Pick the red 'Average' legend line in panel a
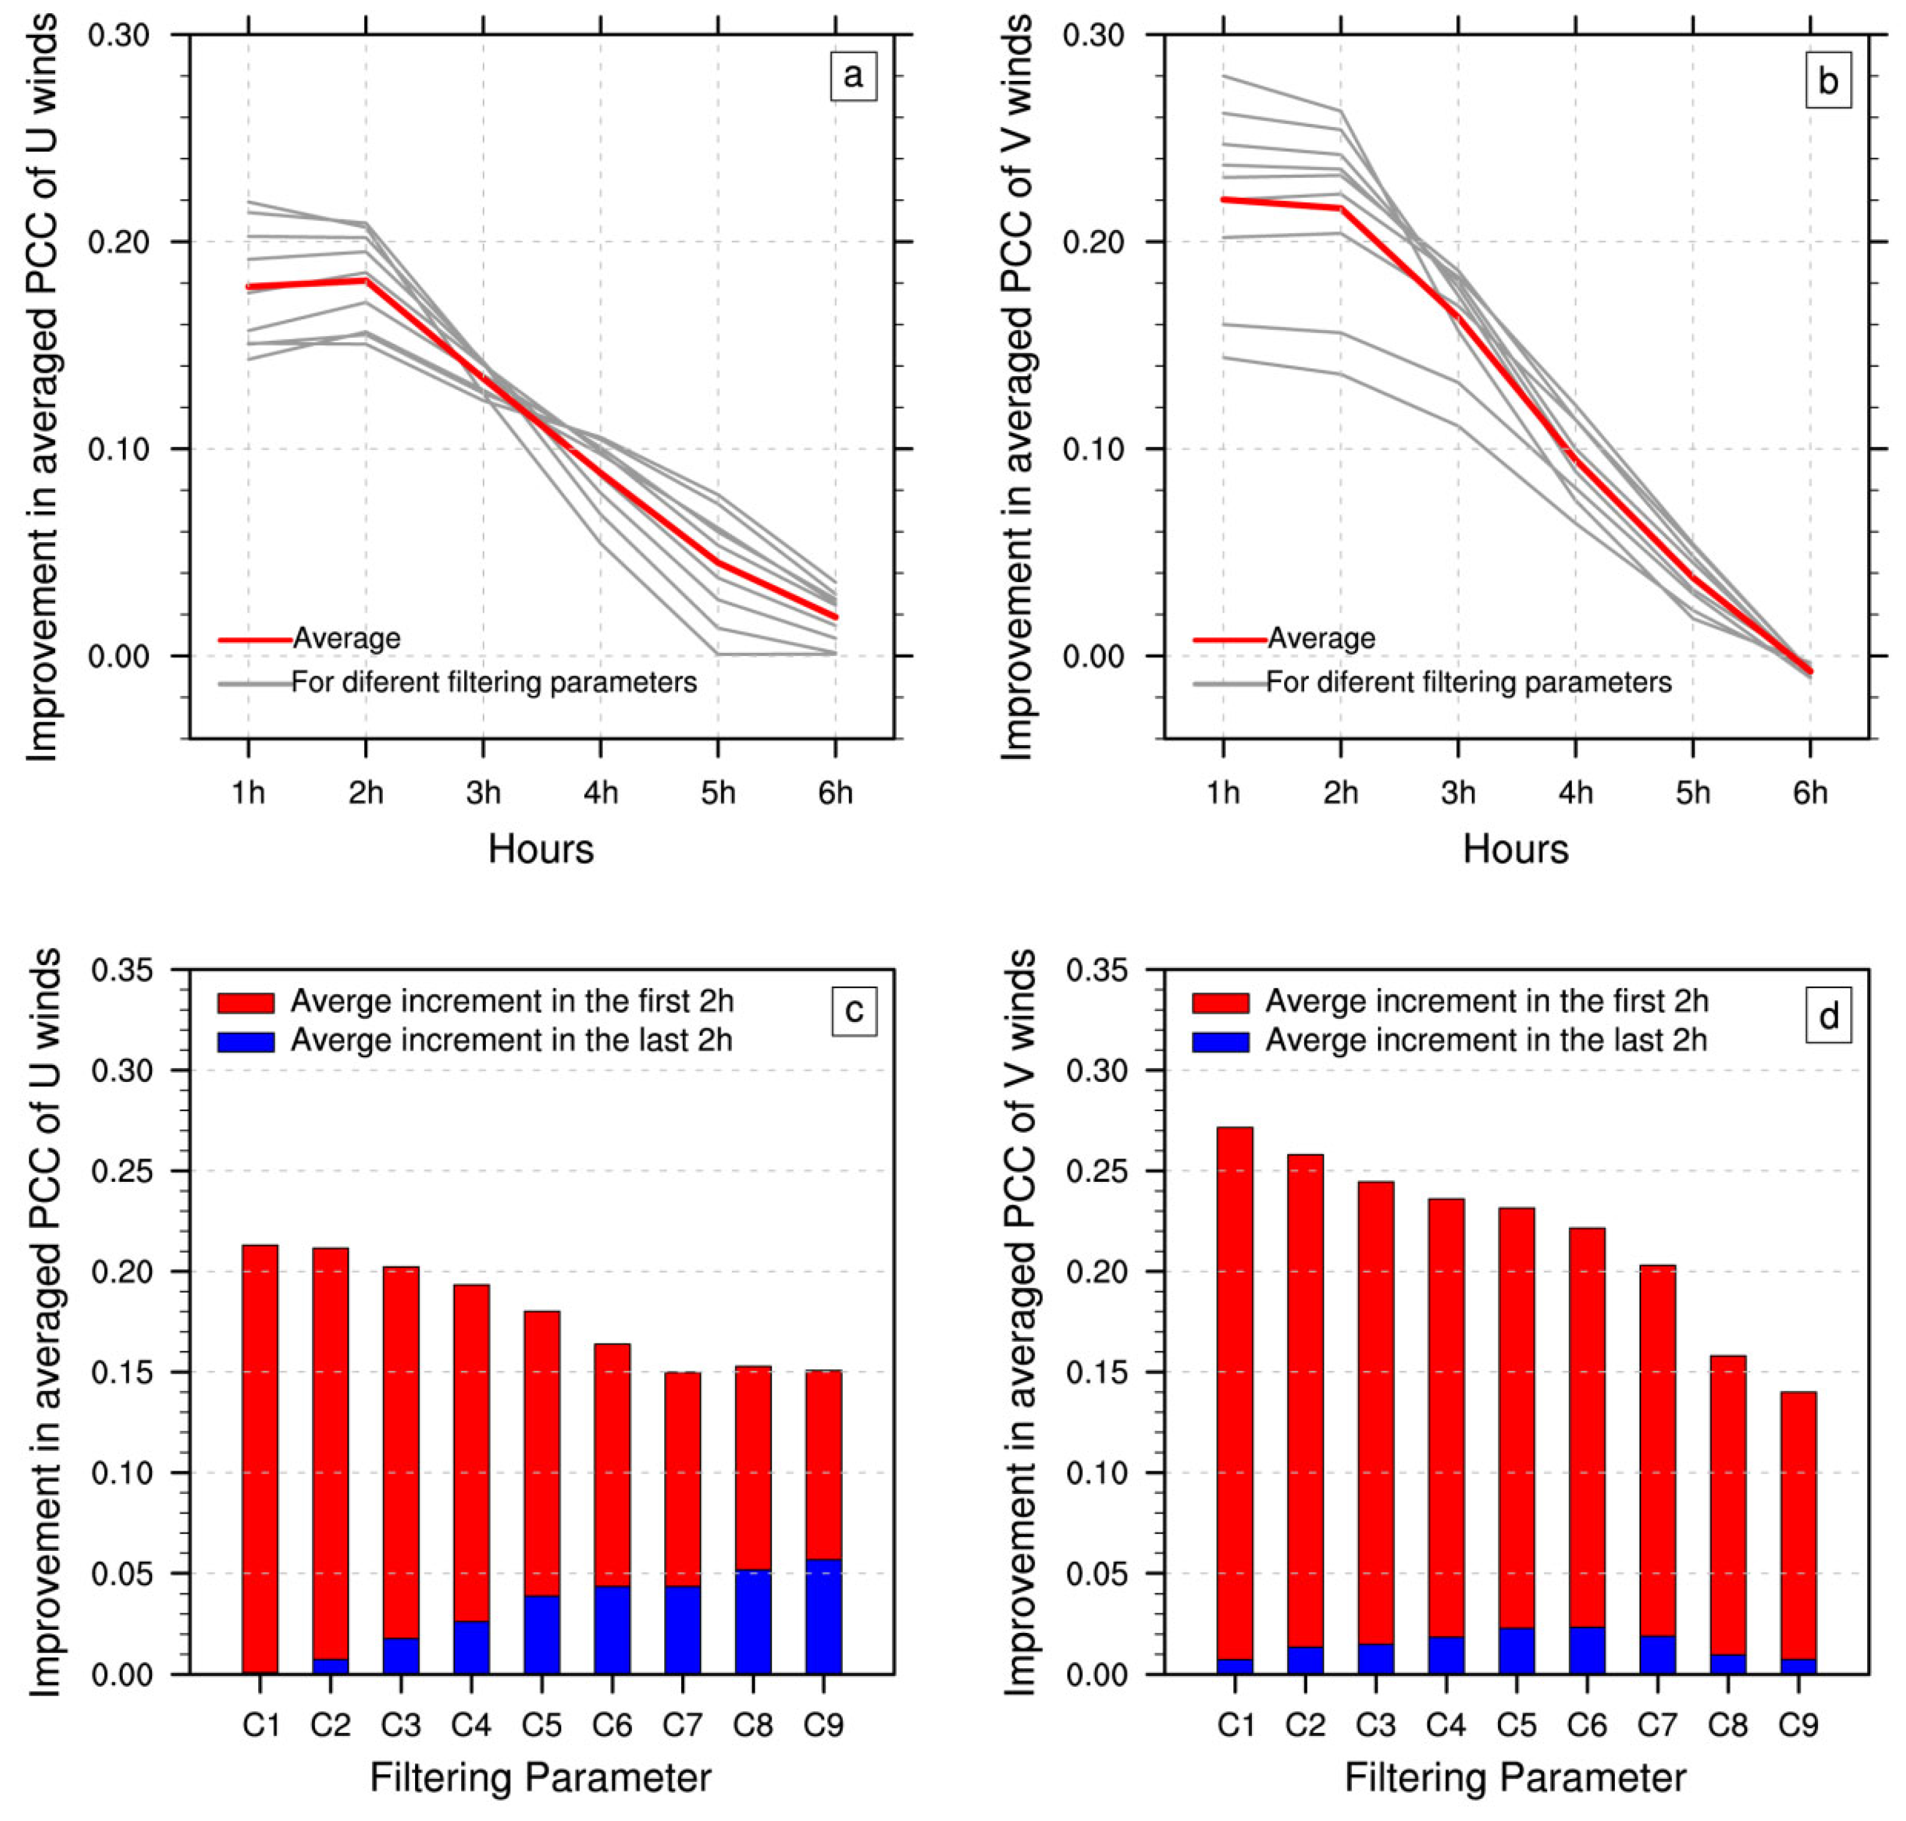point(254,640)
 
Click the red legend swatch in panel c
point(246,1002)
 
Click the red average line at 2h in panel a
point(366,280)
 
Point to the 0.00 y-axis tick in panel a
point(120,656)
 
